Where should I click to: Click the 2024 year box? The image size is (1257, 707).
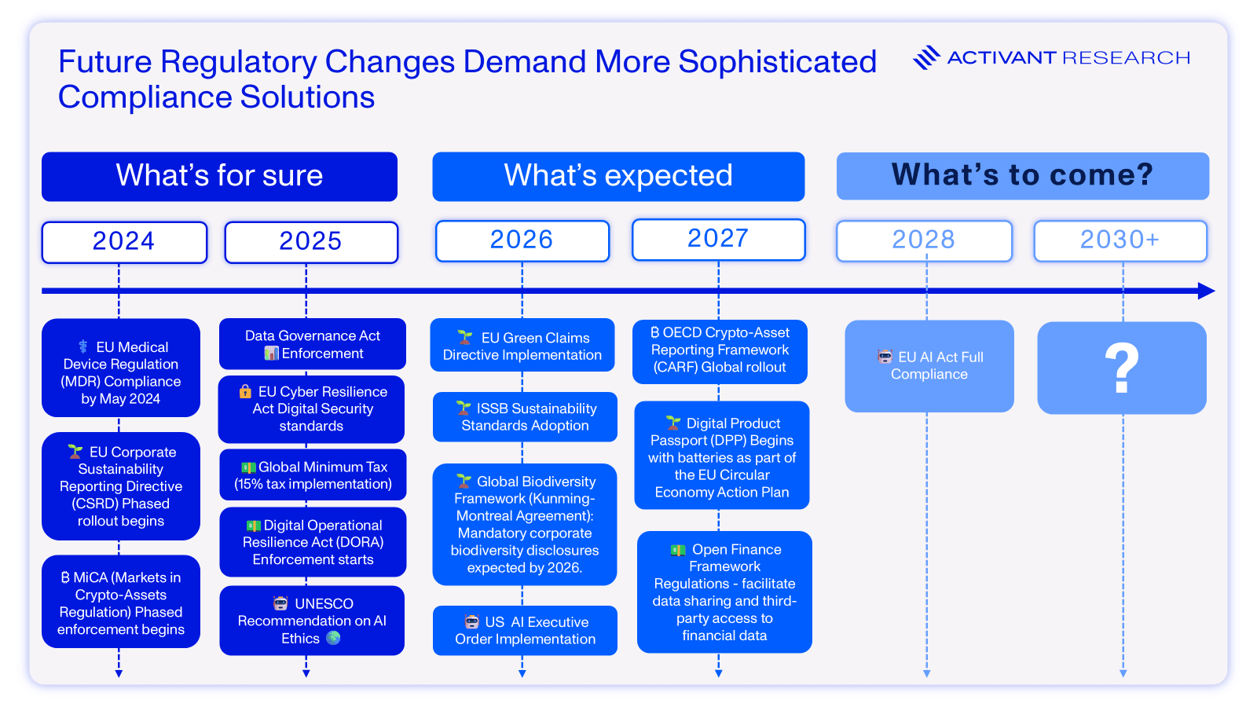(x=124, y=242)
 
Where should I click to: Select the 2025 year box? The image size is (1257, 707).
(x=311, y=242)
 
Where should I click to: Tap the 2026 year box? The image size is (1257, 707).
(x=522, y=240)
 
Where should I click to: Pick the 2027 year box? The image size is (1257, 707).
(x=718, y=240)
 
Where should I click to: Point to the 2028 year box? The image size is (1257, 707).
(x=924, y=240)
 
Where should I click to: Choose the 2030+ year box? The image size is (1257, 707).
(x=1120, y=240)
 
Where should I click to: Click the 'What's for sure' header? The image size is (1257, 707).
(x=219, y=176)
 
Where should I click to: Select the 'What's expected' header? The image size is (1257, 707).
(x=618, y=176)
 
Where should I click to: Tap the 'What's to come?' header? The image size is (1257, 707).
(x=1022, y=176)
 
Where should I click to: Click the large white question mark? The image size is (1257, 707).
(x=1122, y=367)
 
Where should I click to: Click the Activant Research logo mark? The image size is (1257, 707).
(x=926, y=57)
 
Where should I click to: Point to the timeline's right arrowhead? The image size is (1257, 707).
(x=1207, y=291)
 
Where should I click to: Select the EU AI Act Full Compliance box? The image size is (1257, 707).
(x=929, y=366)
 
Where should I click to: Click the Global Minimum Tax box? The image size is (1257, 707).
(x=313, y=474)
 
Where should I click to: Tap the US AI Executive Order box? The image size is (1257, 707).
(x=525, y=630)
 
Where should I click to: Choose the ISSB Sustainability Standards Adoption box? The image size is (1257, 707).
(x=525, y=417)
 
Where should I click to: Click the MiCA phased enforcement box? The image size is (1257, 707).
(x=121, y=602)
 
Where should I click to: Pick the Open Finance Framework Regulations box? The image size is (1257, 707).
(x=724, y=592)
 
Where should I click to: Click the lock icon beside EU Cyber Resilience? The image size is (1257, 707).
(x=245, y=391)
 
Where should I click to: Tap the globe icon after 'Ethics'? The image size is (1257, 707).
(x=333, y=638)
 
